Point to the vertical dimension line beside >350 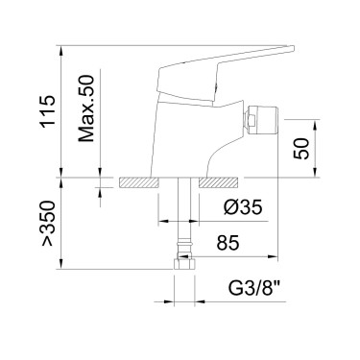63,226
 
